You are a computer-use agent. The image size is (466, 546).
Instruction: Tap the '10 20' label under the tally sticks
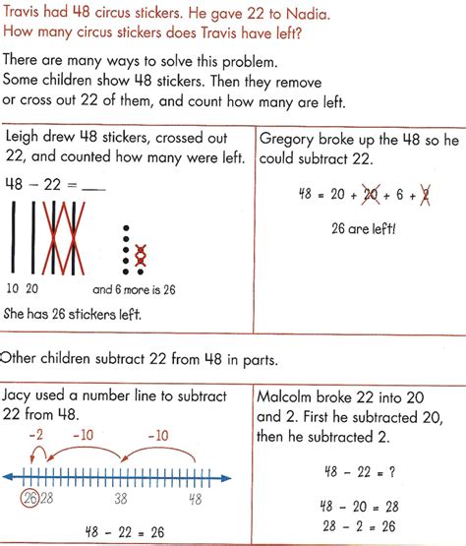click(22, 289)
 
